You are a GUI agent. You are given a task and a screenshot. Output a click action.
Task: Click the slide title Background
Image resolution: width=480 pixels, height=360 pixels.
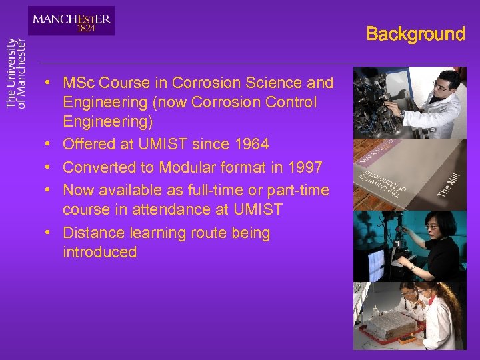[x=415, y=34]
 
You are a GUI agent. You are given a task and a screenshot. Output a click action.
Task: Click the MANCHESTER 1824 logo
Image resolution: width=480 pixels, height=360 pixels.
[x=71, y=21]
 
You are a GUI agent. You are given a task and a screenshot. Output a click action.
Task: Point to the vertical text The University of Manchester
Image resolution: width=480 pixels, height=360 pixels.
[x=16, y=73]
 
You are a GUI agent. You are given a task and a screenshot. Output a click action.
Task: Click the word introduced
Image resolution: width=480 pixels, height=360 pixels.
[x=99, y=252]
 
